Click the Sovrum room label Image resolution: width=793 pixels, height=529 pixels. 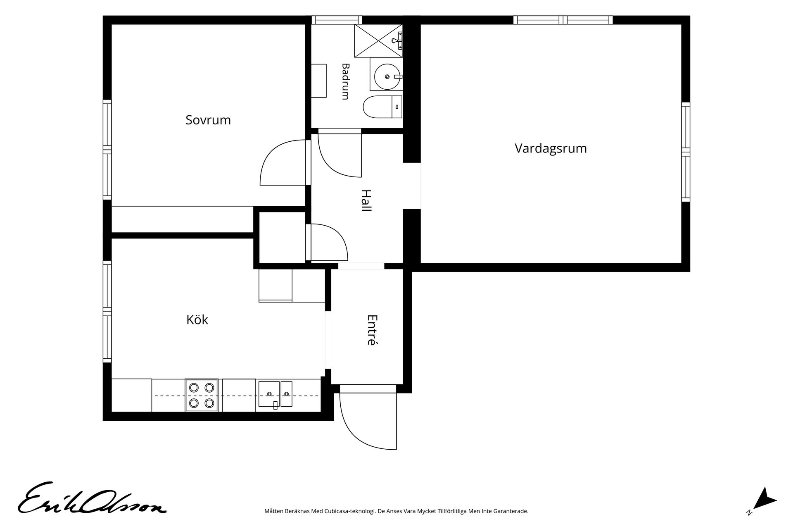[x=208, y=120]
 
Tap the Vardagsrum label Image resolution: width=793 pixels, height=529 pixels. [x=551, y=148]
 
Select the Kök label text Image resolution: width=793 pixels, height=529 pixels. [x=197, y=319]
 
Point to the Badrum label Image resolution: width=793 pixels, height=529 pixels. [x=345, y=81]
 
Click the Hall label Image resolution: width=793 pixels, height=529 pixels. [x=366, y=200]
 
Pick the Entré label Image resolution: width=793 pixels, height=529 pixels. [x=373, y=330]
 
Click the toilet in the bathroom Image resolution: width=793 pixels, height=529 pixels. [x=382, y=107]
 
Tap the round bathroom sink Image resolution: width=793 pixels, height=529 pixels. [x=388, y=76]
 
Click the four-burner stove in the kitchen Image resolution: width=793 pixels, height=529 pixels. [x=202, y=395]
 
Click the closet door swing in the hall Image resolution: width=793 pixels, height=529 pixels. [x=327, y=242]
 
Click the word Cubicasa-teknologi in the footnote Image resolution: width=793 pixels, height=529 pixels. [x=352, y=511]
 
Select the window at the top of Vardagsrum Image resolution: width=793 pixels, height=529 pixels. [x=563, y=20]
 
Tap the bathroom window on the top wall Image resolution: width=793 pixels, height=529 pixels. [x=337, y=20]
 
